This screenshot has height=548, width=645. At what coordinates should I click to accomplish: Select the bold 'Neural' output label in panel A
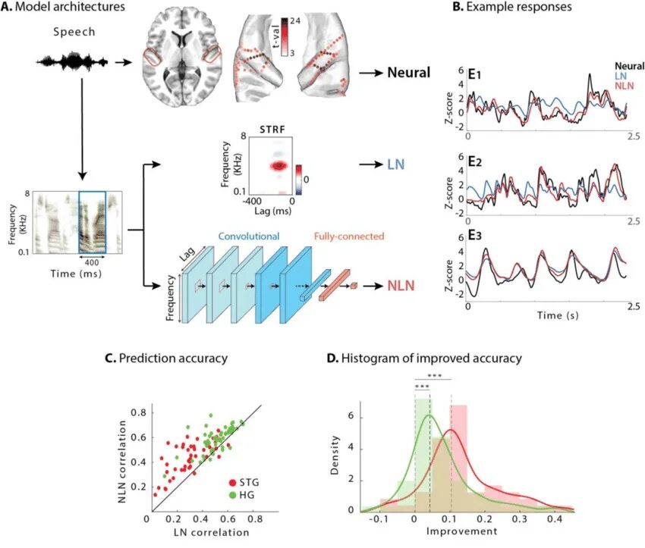click(409, 74)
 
